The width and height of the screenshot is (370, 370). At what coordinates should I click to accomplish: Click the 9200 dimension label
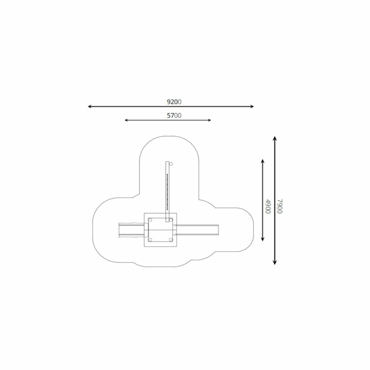click(174, 102)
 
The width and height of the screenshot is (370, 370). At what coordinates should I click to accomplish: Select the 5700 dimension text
click(174, 116)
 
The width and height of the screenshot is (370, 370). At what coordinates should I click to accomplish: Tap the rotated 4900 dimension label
click(268, 206)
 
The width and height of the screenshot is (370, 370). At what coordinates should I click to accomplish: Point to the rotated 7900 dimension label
click(280, 206)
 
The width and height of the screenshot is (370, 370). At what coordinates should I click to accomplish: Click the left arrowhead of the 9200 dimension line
click(90, 106)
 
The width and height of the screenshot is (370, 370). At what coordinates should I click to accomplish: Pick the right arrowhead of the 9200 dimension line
click(252, 106)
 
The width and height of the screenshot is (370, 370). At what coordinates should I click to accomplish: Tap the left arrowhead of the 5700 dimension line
click(126, 120)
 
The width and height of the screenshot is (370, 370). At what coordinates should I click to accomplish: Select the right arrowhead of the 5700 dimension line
click(210, 120)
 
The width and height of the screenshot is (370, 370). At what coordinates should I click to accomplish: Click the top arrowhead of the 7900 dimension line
click(275, 138)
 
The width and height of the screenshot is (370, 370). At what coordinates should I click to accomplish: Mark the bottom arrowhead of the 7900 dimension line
click(275, 263)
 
